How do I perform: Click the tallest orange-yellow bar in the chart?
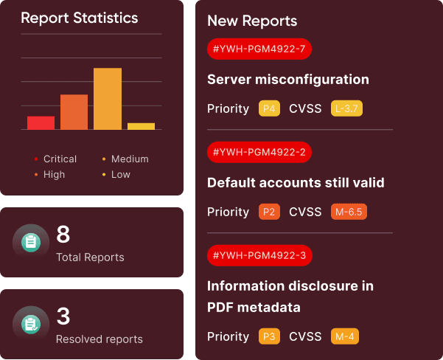click(x=107, y=99)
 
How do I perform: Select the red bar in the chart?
click(x=41, y=122)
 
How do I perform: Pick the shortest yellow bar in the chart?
click(x=141, y=126)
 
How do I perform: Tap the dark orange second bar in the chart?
click(x=74, y=112)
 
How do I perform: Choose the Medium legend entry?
click(x=129, y=159)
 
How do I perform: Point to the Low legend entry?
click(x=120, y=175)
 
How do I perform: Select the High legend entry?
click(x=54, y=175)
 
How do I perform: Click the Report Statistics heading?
click(x=79, y=18)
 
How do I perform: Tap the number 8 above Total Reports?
click(x=63, y=235)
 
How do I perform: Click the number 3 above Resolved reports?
click(x=63, y=316)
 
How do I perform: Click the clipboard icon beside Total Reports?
click(x=30, y=241)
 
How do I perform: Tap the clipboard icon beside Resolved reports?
click(x=30, y=323)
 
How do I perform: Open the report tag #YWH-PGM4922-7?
click(x=259, y=49)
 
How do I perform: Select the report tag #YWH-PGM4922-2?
click(x=259, y=153)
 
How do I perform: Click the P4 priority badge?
click(x=269, y=109)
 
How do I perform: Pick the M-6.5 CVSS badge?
click(x=349, y=212)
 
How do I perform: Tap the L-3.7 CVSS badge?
click(x=346, y=109)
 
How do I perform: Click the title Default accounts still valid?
click(x=296, y=182)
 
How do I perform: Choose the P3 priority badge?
click(x=269, y=337)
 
